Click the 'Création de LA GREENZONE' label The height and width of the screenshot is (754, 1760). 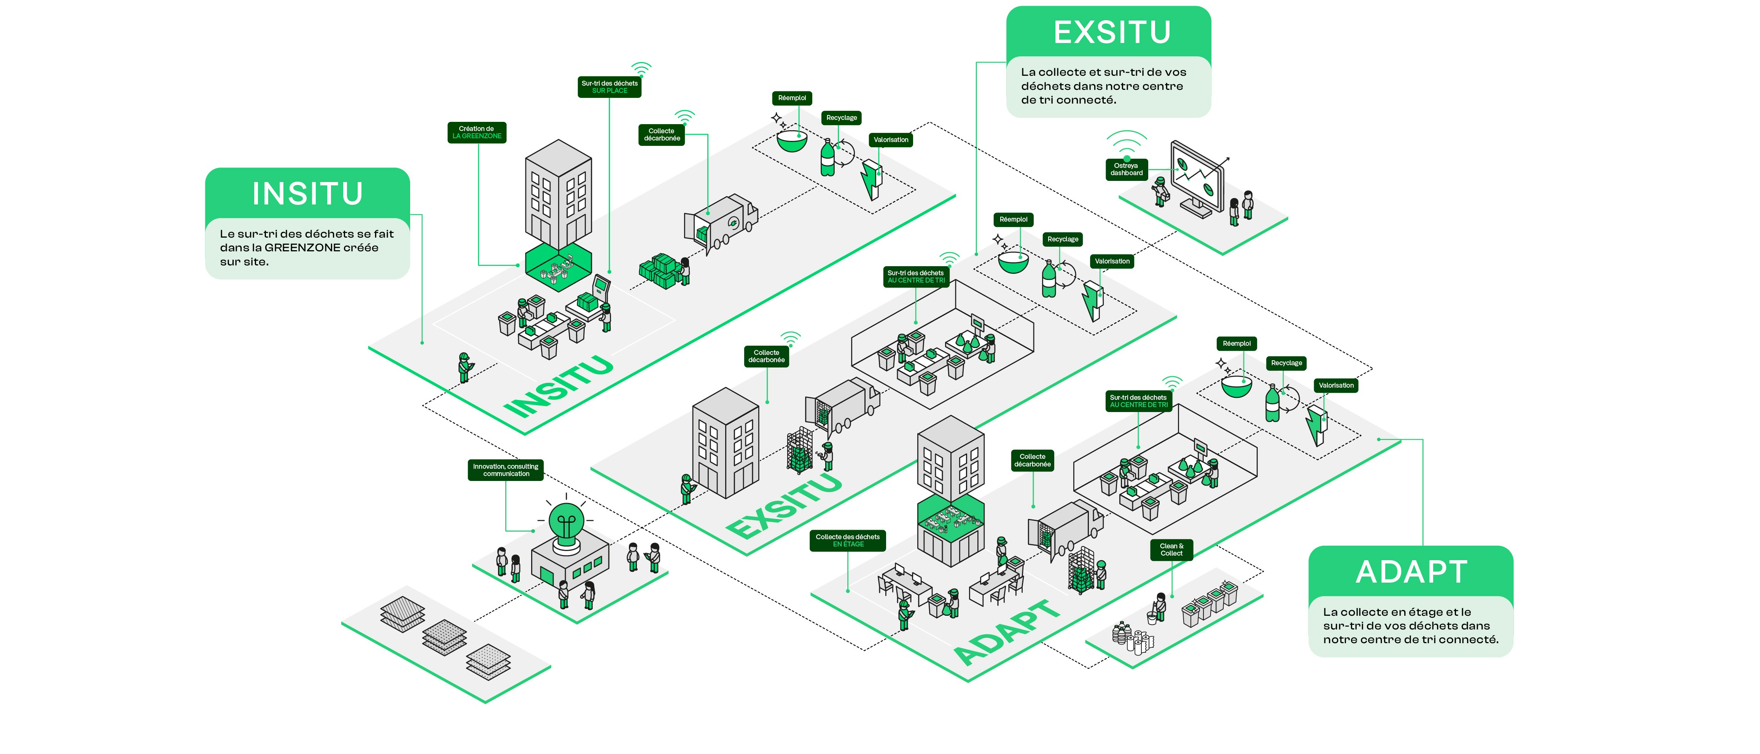[x=476, y=132]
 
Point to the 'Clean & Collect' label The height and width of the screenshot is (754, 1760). [x=1171, y=550]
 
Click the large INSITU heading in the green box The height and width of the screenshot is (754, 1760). [x=307, y=193]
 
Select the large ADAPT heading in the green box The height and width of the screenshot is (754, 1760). [x=1411, y=572]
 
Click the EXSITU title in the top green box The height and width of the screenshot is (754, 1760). [x=1112, y=32]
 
